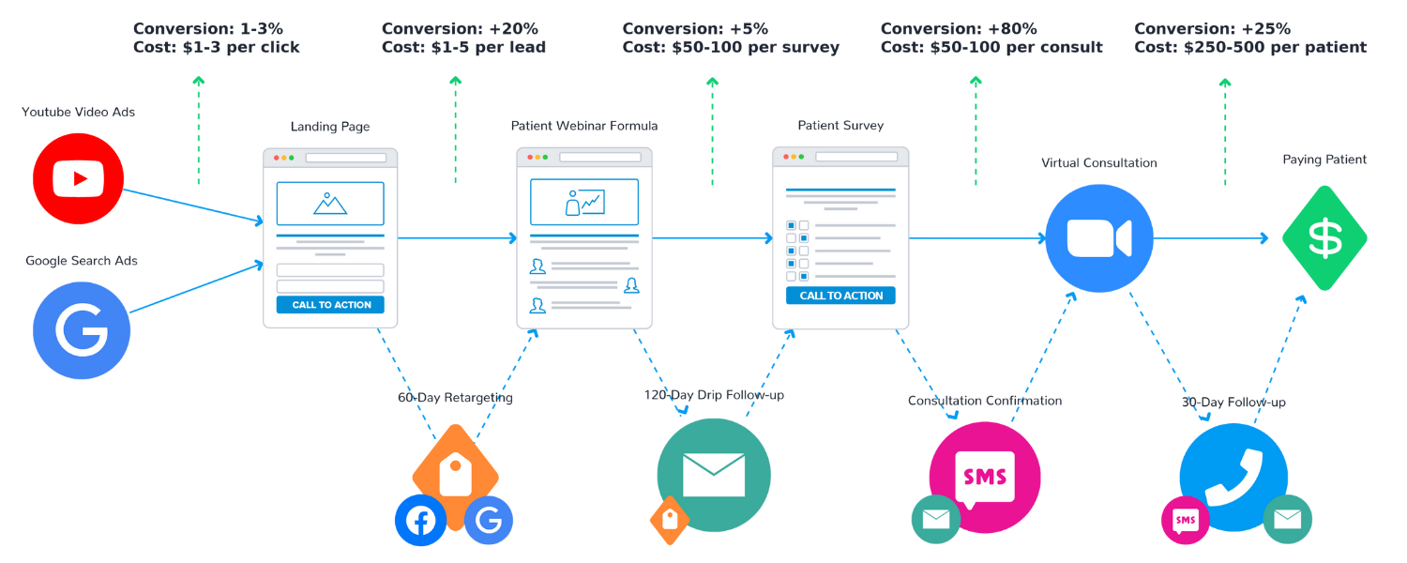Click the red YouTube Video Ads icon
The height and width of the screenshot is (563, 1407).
click(79, 178)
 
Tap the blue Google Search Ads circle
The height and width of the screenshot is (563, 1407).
click(81, 329)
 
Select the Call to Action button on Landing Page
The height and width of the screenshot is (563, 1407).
click(331, 305)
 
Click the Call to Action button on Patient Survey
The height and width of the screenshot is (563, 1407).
click(840, 296)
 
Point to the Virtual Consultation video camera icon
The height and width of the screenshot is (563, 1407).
click(1098, 237)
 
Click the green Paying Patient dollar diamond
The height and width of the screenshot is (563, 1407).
click(1324, 238)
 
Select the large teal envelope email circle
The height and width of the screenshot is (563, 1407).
click(713, 474)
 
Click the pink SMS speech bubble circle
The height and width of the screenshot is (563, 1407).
click(985, 477)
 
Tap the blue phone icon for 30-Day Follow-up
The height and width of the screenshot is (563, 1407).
click(1232, 475)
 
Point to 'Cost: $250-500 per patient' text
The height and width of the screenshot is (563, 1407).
click(1249, 48)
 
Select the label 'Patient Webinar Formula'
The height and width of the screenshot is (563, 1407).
click(584, 126)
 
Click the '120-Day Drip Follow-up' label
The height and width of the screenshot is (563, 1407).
click(714, 395)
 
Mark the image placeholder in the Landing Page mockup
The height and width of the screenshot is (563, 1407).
click(330, 203)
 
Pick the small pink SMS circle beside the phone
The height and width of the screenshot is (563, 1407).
click(1186, 520)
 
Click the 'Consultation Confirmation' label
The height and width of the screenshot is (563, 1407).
click(985, 401)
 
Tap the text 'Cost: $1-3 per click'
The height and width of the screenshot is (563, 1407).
click(217, 48)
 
